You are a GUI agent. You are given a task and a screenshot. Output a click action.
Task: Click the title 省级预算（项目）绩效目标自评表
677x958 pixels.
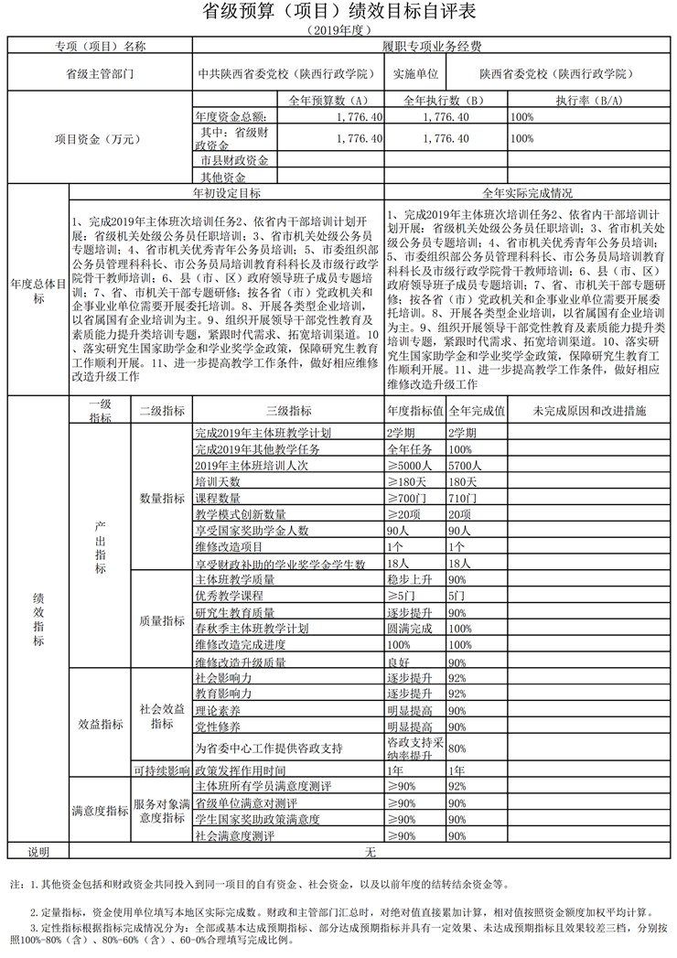click(x=338, y=13)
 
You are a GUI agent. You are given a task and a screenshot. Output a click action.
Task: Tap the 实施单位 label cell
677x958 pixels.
click(x=416, y=72)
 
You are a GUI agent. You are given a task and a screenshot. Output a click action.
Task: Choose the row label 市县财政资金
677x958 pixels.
click(x=234, y=160)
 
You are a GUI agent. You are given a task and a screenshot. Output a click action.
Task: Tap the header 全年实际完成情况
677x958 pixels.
click(x=528, y=193)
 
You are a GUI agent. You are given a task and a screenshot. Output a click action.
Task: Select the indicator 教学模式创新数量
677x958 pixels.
click(x=242, y=514)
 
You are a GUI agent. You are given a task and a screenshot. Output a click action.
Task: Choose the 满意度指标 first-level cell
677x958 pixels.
click(x=99, y=811)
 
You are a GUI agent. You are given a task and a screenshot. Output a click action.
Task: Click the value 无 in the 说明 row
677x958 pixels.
click(x=371, y=852)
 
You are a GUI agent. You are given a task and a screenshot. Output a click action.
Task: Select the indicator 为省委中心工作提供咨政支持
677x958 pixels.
click(x=268, y=748)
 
